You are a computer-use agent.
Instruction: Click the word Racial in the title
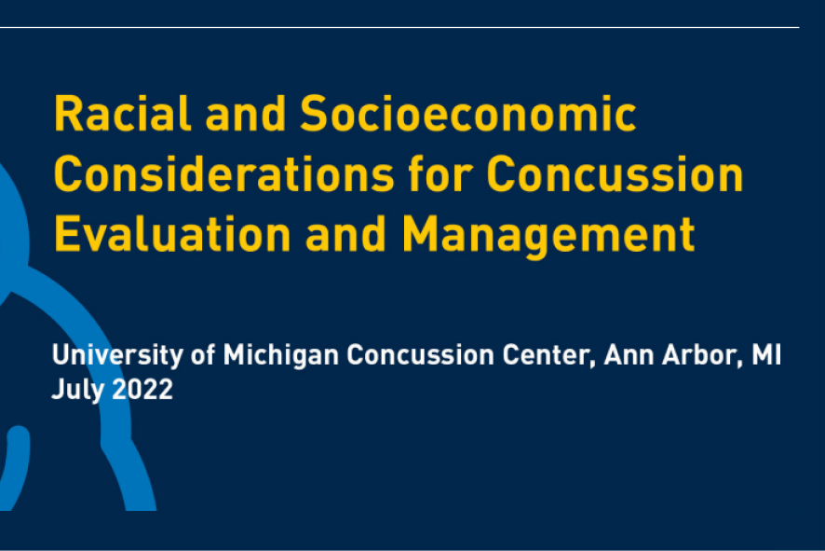[x=122, y=113]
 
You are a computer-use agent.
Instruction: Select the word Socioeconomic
[x=468, y=113]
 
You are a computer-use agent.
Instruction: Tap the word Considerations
[x=224, y=174]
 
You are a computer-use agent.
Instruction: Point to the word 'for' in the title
[x=440, y=173]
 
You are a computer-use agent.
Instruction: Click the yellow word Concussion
[x=615, y=174]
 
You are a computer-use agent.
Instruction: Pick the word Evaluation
[x=172, y=234]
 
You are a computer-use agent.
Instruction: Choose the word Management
[x=548, y=237]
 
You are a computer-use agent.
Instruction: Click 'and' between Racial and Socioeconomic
[x=246, y=113]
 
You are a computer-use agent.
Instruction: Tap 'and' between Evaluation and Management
[x=346, y=234]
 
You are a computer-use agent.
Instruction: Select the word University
[x=117, y=355]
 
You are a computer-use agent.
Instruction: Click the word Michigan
[x=281, y=355]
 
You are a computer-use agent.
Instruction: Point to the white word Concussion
[x=420, y=354]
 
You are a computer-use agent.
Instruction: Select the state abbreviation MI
[x=766, y=354]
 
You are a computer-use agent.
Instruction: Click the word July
[x=78, y=391]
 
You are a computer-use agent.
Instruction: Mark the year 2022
[x=142, y=390]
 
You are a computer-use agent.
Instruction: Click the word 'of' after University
[x=203, y=354]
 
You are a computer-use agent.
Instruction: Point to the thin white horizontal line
[x=399, y=27]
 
